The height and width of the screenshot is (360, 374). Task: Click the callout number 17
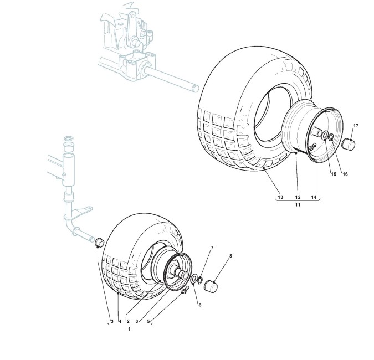click(356, 126)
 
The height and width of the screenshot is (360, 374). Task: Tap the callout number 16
click(345, 174)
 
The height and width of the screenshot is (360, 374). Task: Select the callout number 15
click(334, 174)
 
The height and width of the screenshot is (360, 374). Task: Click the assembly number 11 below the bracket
click(298, 205)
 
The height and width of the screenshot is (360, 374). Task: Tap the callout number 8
click(231, 256)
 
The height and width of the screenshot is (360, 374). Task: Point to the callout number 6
click(199, 304)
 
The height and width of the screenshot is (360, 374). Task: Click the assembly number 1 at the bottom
click(129, 330)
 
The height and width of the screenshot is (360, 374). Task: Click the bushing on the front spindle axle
click(100, 243)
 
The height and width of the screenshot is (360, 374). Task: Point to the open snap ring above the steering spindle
click(68, 137)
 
